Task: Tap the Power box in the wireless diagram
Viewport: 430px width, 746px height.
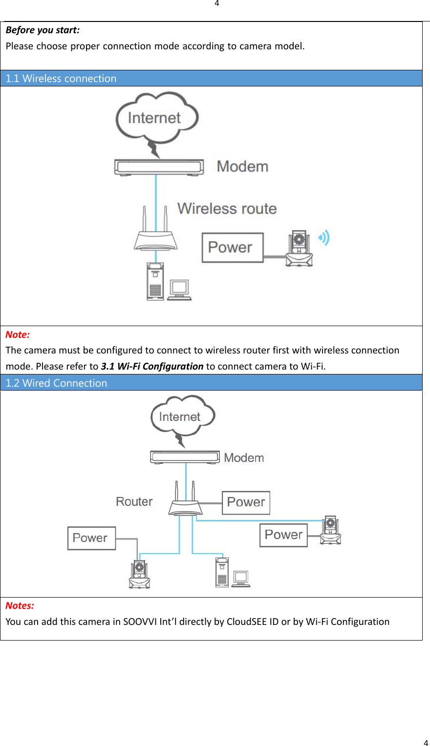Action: (233, 248)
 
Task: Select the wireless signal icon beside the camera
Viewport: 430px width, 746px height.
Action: (324, 238)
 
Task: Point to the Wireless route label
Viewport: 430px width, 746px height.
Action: (227, 208)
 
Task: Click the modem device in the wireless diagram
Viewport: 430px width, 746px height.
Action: (159, 167)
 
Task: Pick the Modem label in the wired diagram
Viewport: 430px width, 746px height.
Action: (244, 458)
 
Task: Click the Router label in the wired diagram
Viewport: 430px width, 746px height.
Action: (134, 502)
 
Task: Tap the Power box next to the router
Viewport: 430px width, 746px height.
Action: (246, 502)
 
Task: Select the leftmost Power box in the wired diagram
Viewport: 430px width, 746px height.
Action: (91, 538)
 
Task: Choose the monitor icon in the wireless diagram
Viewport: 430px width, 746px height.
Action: (179, 289)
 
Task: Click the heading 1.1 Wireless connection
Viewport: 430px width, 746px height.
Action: (61, 79)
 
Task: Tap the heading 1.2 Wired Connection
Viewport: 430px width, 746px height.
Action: (56, 383)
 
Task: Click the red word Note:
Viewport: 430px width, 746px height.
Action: (18, 335)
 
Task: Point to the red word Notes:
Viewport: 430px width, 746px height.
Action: (20, 606)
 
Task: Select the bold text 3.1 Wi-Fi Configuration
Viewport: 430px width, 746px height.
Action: (152, 366)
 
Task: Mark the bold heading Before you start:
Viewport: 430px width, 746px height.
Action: (43, 30)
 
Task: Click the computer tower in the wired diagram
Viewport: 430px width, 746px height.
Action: (222, 572)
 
